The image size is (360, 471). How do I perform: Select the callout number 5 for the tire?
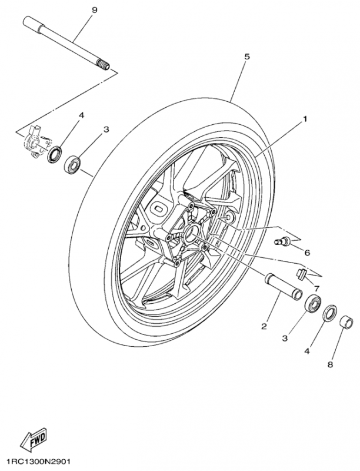(x=247, y=57)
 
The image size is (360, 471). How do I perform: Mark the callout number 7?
(x=316, y=288)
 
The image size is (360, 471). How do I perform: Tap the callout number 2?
(x=264, y=326)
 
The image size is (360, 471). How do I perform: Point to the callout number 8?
(x=330, y=364)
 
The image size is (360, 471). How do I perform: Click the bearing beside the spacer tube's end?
(x=313, y=306)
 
